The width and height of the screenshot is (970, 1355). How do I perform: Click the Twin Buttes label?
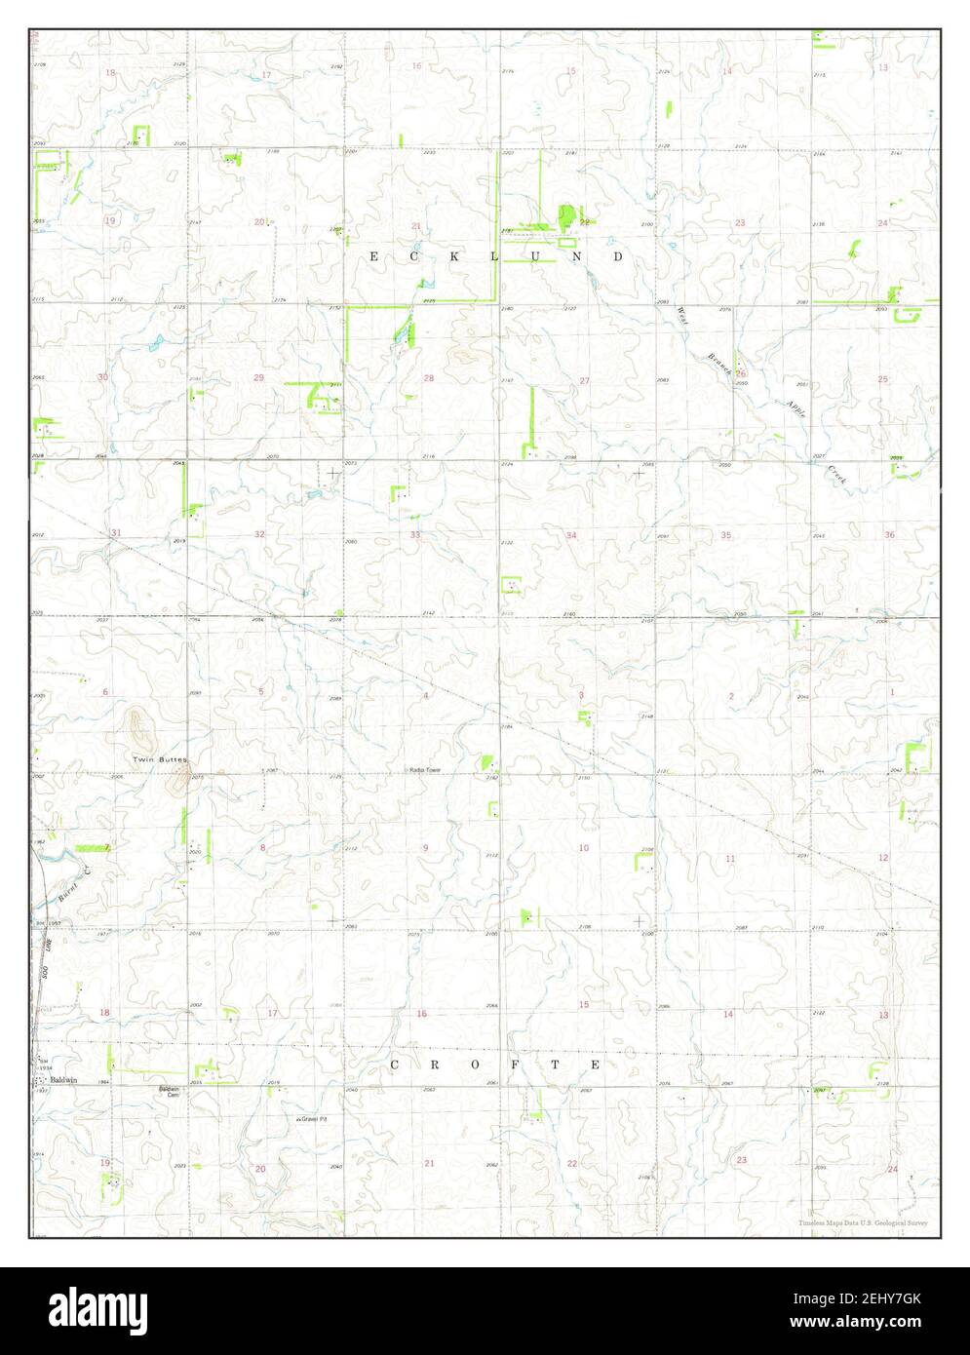click(159, 758)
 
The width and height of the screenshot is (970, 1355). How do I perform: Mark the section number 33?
click(415, 535)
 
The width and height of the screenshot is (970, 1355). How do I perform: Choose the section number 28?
click(429, 378)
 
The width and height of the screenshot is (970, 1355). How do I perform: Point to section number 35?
click(726, 535)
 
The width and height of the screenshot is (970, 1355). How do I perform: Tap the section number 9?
click(425, 848)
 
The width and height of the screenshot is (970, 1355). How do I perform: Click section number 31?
click(116, 532)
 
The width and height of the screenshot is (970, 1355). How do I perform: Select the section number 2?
click(731, 695)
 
